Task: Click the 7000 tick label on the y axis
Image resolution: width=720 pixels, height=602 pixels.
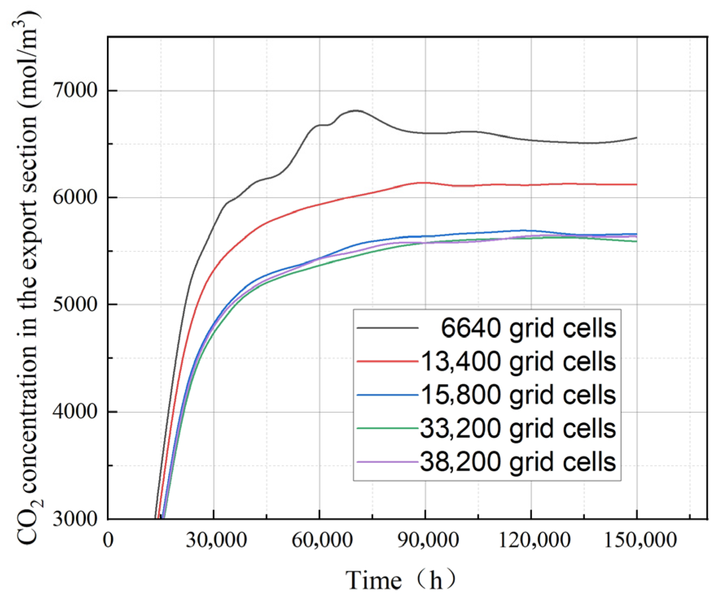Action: click(75, 90)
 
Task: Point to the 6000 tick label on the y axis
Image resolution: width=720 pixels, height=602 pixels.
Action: click(75, 198)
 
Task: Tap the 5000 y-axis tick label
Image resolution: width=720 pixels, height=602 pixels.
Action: click(75, 304)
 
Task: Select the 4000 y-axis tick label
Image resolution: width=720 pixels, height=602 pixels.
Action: click(75, 412)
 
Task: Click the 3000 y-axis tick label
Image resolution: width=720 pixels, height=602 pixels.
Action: click(75, 519)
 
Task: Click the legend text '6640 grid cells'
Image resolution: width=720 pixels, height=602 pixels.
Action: click(528, 328)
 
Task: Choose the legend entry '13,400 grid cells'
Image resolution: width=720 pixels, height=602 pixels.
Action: click(518, 361)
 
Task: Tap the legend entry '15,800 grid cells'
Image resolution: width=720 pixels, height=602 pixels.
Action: click(518, 395)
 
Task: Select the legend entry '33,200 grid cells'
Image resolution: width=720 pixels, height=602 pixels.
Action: click(518, 428)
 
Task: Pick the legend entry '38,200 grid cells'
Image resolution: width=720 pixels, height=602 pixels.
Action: click(518, 462)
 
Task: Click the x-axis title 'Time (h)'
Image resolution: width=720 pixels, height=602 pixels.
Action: click(401, 580)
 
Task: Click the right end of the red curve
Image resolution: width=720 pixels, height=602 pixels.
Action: click(636, 185)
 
